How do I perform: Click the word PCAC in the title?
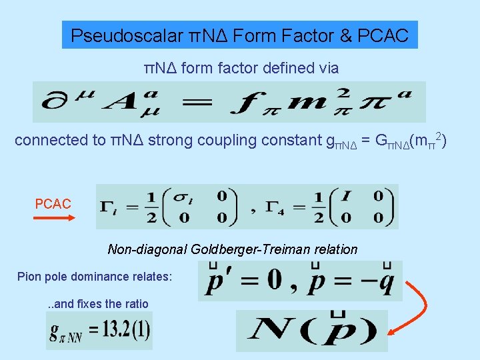(x=385, y=35)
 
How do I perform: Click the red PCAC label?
(x=53, y=204)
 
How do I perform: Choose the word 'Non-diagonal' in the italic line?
(x=147, y=250)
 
